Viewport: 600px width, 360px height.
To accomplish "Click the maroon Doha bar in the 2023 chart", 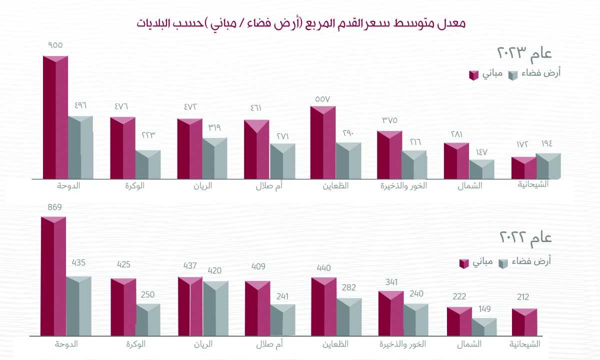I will [55, 117].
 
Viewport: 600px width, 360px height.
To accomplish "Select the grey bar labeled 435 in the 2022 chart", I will [78, 306].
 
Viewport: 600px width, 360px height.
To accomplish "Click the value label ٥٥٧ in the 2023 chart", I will [322, 98].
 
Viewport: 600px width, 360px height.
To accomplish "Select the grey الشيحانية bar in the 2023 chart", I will [548, 166].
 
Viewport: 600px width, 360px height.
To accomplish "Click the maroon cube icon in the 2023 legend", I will [473, 75].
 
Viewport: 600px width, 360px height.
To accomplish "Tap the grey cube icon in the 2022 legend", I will [503, 263].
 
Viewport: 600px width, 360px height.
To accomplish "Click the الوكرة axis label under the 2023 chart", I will [134, 186].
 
